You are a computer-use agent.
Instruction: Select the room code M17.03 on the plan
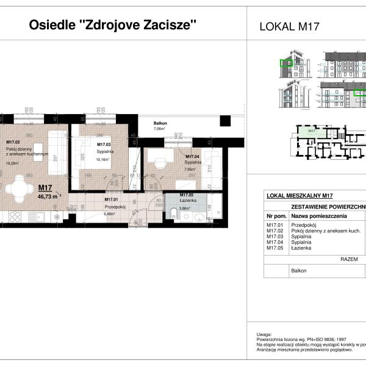(104, 145)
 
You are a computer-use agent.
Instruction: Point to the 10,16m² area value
(104, 159)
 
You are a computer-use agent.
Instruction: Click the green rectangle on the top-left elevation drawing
(285, 62)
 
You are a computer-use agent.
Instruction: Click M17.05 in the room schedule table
(276, 248)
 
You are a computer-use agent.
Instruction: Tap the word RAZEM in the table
(349, 259)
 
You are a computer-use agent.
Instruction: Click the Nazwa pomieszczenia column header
(319, 216)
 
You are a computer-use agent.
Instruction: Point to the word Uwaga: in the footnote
(264, 334)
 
